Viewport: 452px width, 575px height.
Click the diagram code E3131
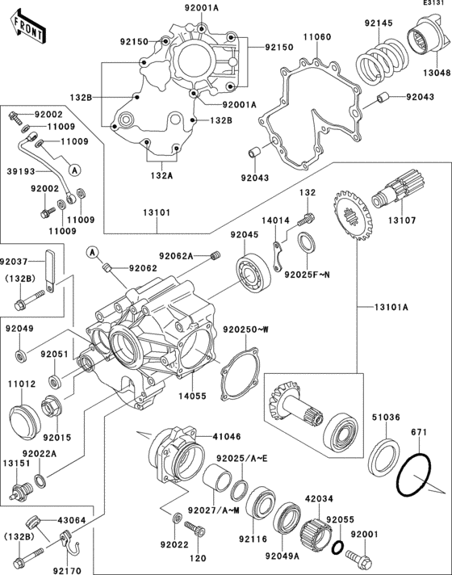coord(431,5)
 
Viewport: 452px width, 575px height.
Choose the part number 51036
coord(385,419)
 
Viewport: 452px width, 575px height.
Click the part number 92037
coord(16,262)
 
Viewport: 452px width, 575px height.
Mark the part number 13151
coord(16,465)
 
